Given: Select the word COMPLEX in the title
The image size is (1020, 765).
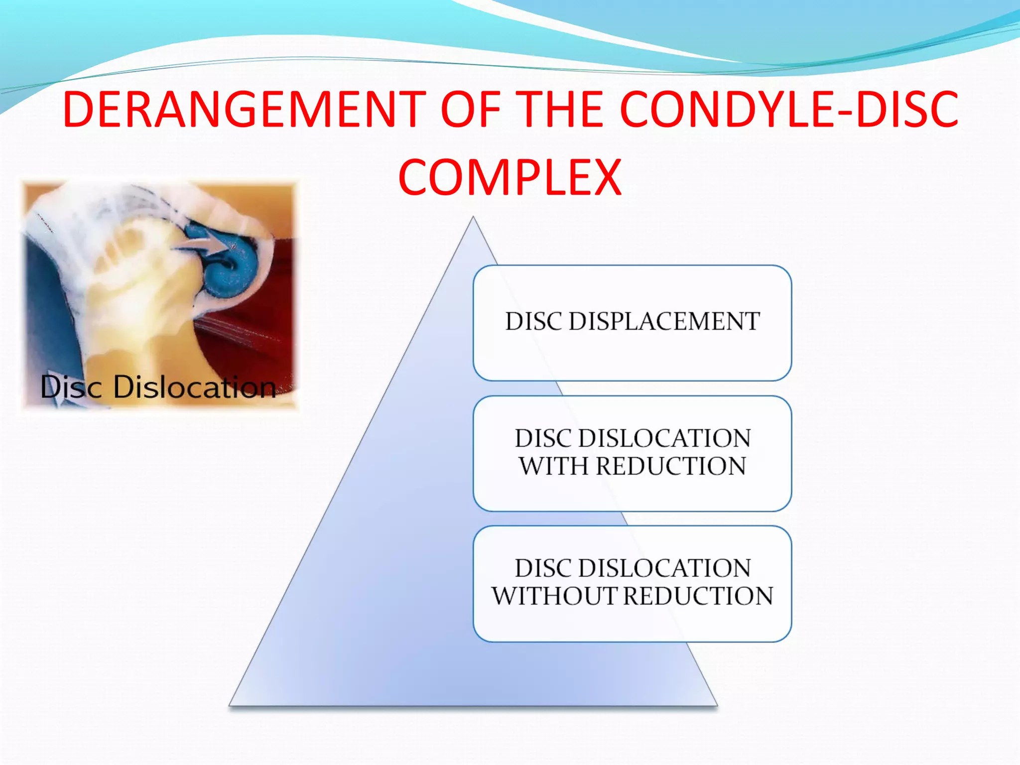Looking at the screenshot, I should (510, 177).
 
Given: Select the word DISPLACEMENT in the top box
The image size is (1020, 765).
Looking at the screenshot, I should (664, 321).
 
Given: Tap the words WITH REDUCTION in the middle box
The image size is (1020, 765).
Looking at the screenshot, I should (632, 466).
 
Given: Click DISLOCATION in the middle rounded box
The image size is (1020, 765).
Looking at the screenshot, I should (664, 438).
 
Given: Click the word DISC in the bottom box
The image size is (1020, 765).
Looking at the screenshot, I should (543, 568).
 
